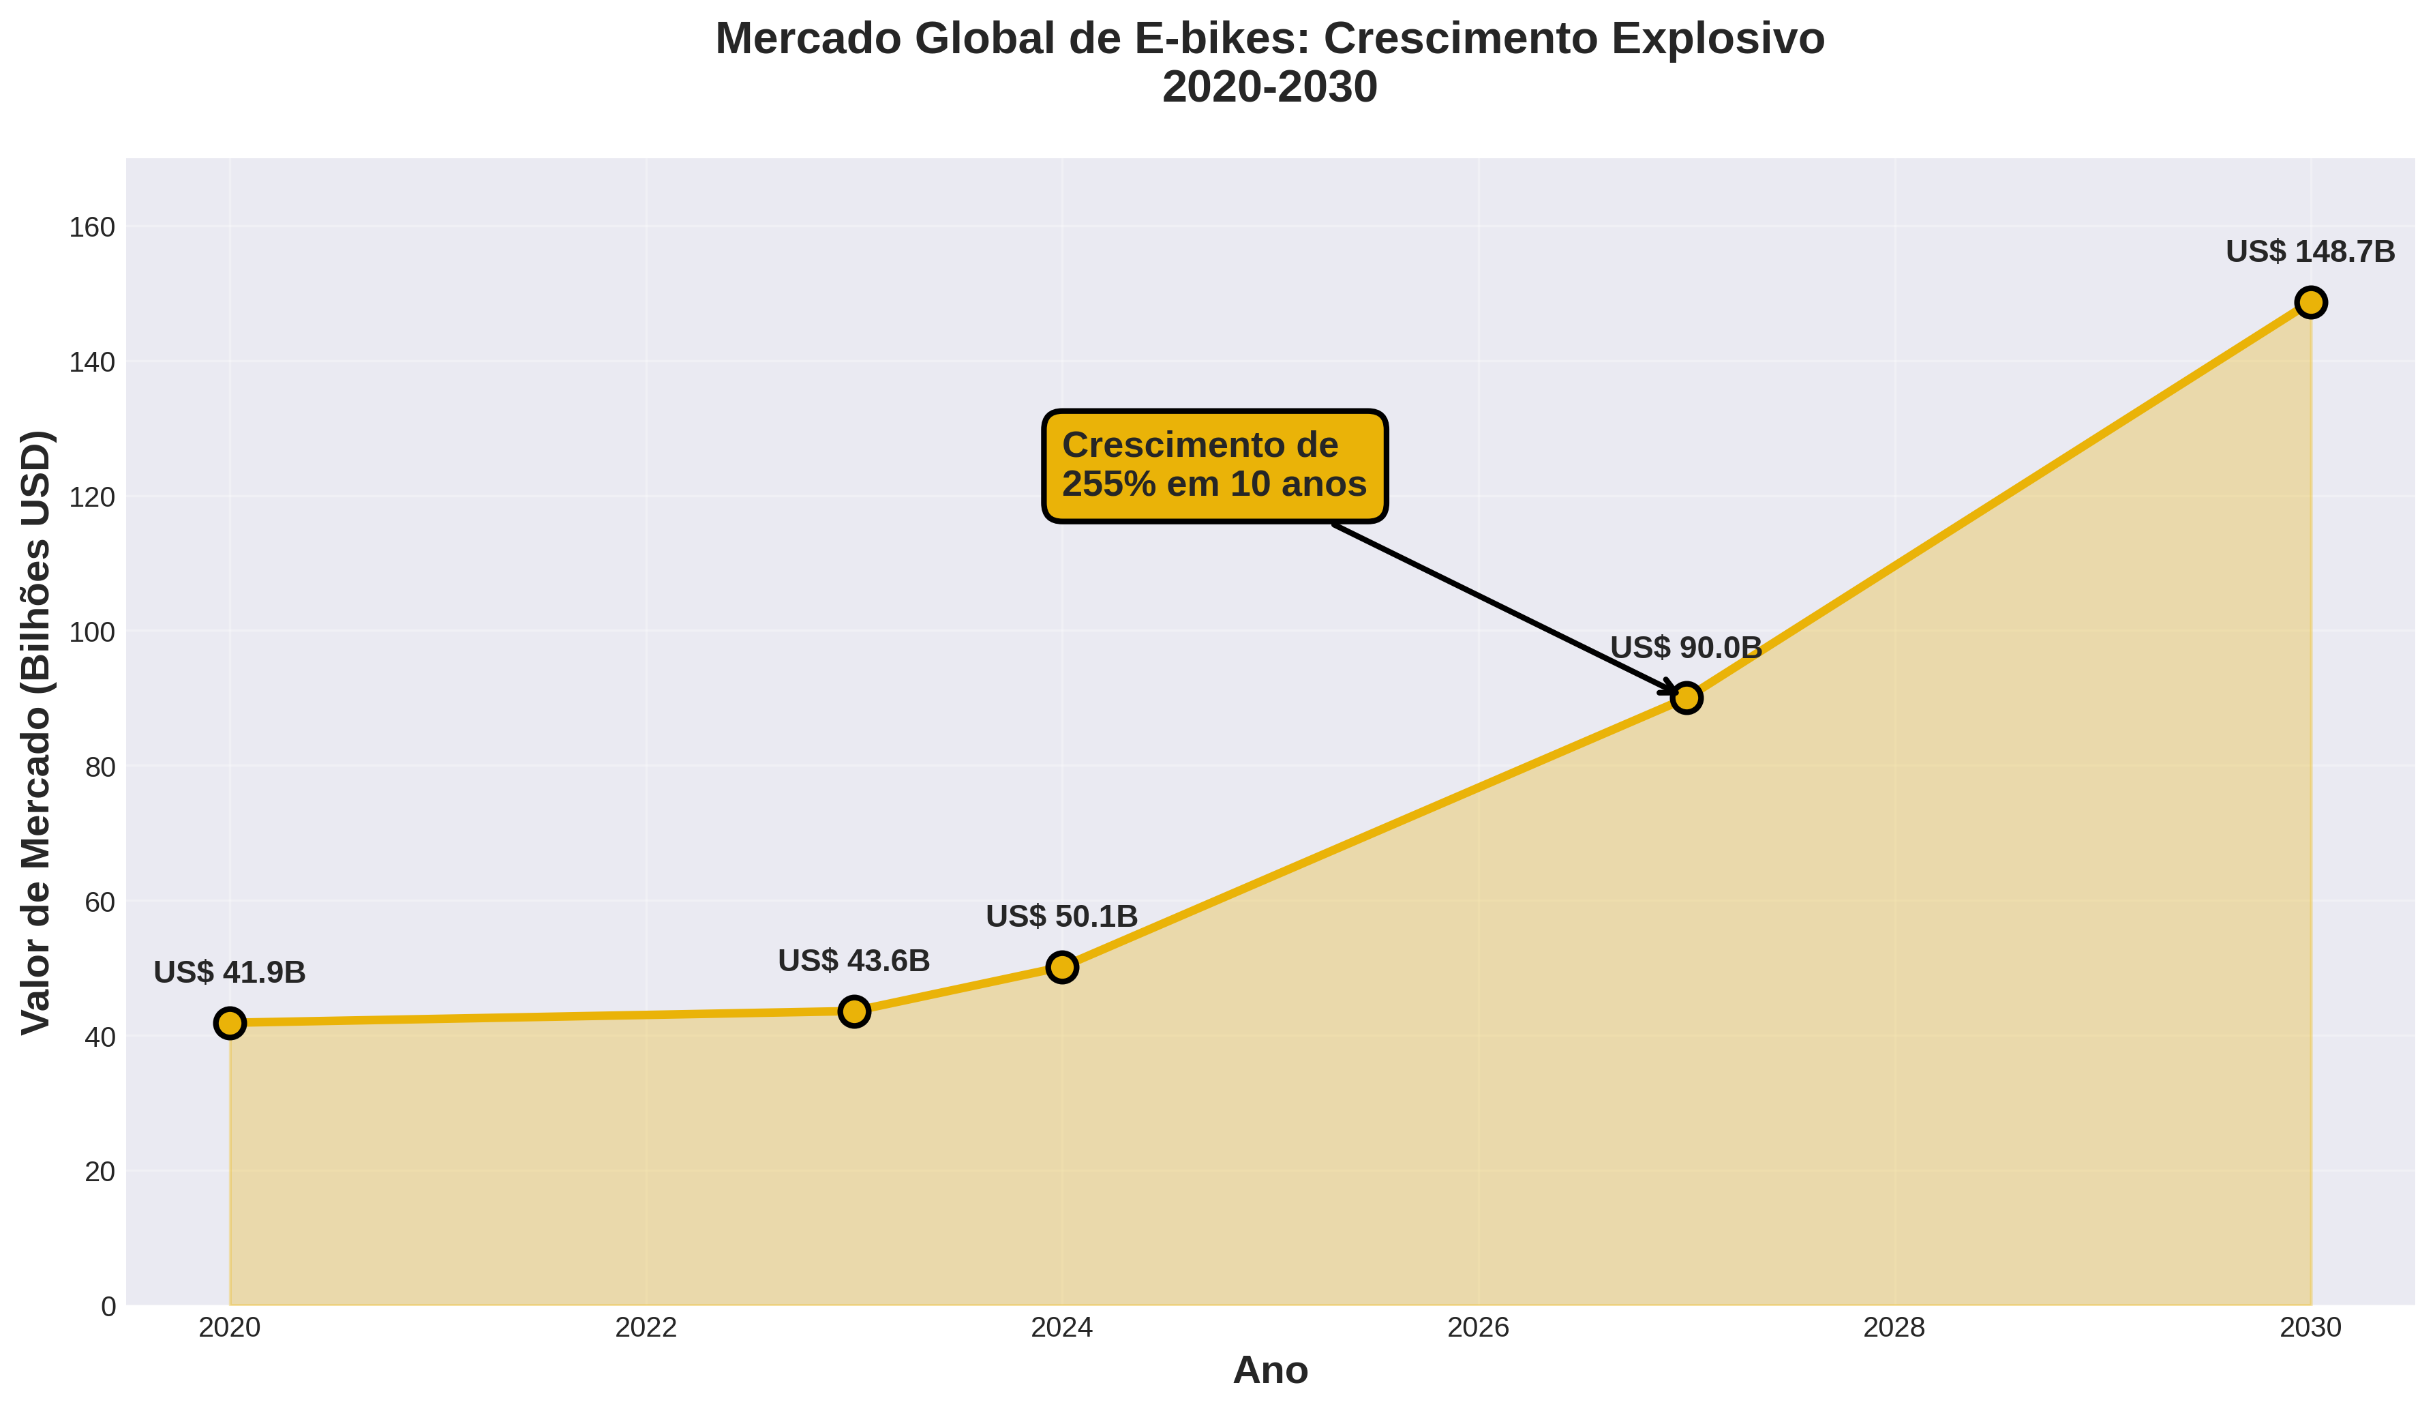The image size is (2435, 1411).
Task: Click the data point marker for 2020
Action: [x=230, y=1022]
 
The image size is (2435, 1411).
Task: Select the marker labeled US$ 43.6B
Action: [x=854, y=1011]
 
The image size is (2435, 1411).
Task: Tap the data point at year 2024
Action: [x=1062, y=966]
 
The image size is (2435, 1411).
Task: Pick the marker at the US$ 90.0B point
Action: [x=1686, y=698]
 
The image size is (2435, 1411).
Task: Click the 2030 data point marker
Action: [x=2310, y=303]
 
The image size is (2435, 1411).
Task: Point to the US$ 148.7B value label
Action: [x=2310, y=252]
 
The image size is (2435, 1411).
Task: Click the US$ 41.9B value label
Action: [x=230, y=972]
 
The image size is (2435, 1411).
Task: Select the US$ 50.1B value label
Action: [x=1062, y=916]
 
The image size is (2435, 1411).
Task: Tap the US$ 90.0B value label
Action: [x=1686, y=647]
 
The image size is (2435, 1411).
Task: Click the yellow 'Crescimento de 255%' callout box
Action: [x=1215, y=466]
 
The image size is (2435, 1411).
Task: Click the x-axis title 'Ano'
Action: [x=1270, y=1370]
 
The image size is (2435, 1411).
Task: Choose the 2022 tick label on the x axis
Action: [x=646, y=1328]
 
